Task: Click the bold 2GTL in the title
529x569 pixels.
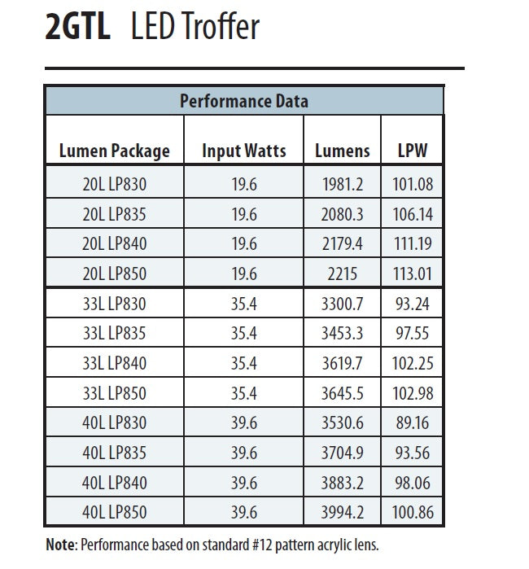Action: click(x=78, y=28)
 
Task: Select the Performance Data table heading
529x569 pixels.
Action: click(x=244, y=101)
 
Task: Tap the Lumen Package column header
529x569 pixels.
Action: click(x=115, y=151)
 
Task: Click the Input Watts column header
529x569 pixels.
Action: click(x=244, y=151)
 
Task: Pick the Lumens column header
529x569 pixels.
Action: click(x=342, y=151)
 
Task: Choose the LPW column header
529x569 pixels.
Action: click(x=413, y=151)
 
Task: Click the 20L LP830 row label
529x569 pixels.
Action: click(x=115, y=185)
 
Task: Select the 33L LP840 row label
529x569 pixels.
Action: click(x=115, y=362)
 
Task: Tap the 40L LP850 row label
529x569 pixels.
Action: click(x=115, y=513)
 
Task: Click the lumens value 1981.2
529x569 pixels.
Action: click(x=342, y=185)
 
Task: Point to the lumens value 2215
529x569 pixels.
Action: click(x=342, y=274)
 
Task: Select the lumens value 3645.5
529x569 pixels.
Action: click(x=342, y=393)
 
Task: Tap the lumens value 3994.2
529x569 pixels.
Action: click(x=342, y=513)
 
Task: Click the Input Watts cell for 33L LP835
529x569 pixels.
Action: click(x=244, y=333)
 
